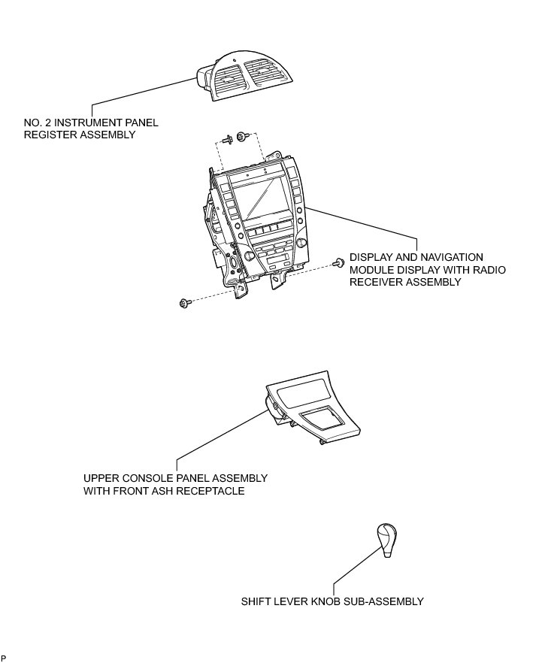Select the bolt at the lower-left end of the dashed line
click(183, 303)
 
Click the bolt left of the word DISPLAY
click(339, 262)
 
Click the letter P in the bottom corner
click(4, 658)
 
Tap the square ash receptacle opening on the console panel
click(319, 421)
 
